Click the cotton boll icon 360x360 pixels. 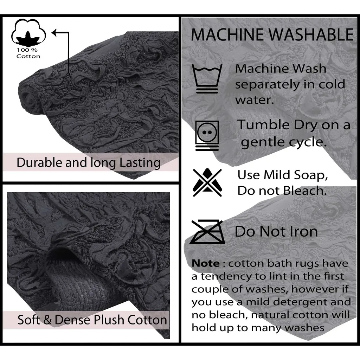click(28, 32)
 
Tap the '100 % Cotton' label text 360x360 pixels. click(28, 53)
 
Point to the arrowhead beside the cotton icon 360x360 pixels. click(54, 33)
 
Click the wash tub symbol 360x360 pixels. click(207, 78)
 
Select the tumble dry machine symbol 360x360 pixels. click(207, 136)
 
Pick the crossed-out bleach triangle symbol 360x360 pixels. click(207, 182)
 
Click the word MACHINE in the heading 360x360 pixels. click(227, 35)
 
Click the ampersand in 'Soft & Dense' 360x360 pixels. click(47, 320)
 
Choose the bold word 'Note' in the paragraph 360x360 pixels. click(205, 263)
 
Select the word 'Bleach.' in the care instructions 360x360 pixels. click(305, 191)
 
